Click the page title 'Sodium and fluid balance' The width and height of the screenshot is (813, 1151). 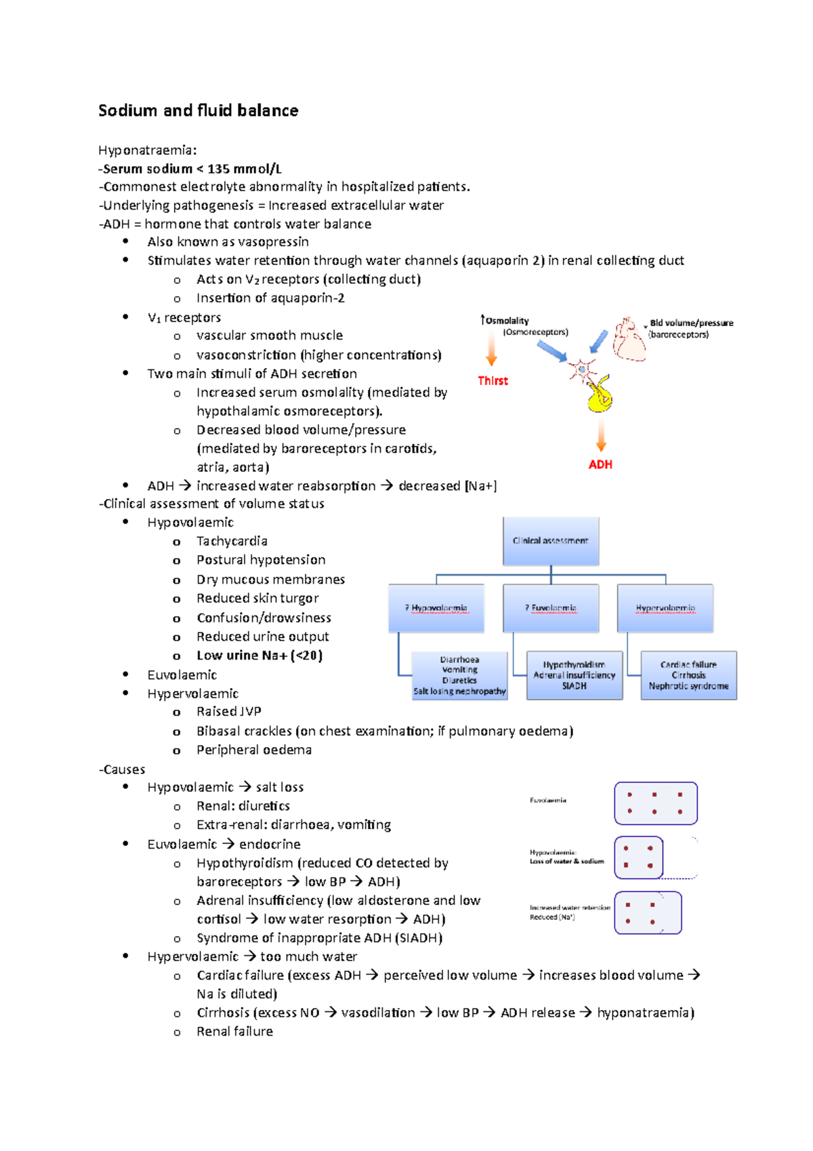click(198, 110)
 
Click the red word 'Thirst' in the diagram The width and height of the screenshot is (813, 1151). click(493, 381)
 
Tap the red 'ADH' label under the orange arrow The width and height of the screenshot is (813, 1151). click(600, 464)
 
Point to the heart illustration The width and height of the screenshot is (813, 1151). click(629, 339)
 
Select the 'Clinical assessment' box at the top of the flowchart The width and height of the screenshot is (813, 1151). click(551, 541)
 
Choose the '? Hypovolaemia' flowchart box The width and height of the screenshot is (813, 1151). click(436, 608)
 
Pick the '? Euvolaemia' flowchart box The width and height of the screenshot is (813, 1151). click(551, 608)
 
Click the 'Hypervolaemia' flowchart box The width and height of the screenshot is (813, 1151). click(665, 608)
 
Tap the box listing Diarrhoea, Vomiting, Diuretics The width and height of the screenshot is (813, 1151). click(460, 675)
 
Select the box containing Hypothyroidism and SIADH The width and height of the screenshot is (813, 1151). click(575, 675)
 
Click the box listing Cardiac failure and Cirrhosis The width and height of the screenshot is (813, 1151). click(688, 675)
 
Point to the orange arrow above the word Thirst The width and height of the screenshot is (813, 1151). click(491, 350)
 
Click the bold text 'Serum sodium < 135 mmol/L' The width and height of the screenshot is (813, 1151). click(192, 169)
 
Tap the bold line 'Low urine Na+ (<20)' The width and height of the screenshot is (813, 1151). click(259, 655)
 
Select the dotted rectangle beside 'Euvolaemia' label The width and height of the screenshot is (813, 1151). click(655, 803)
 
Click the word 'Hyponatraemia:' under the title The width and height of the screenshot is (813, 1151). click(148, 150)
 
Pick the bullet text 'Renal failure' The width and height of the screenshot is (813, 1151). click(234, 1031)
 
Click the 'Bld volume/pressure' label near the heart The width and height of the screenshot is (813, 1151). click(691, 323)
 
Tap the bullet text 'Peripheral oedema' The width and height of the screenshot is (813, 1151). click(254, 750)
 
